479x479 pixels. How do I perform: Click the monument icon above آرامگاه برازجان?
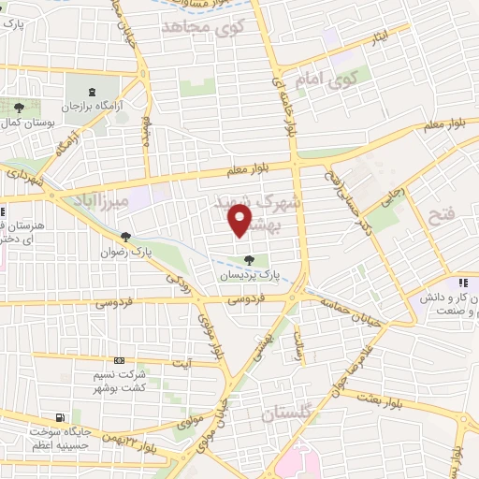93,92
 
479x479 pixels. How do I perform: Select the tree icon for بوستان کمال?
19,109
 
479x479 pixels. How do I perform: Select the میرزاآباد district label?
99,199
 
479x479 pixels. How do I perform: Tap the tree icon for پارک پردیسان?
249,260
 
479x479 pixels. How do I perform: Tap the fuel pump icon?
61,417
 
